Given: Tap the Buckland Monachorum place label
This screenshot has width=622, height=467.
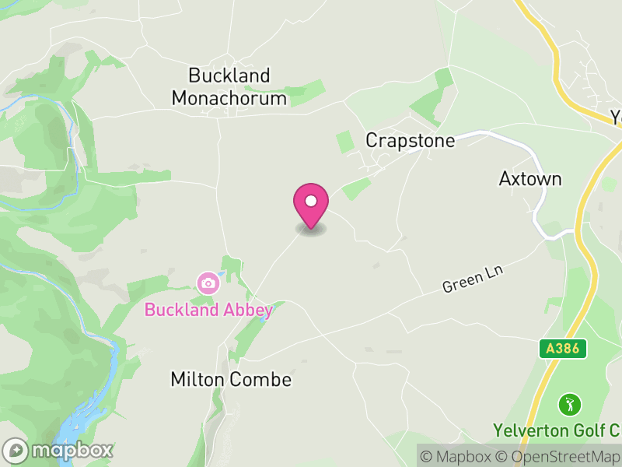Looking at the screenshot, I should tap(229, 87).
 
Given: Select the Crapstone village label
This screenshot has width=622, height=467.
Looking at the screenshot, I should tap(409, 140).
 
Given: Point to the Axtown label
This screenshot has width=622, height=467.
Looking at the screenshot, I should tap(529, 179).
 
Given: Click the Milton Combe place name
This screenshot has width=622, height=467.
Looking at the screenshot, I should tap(231, 380).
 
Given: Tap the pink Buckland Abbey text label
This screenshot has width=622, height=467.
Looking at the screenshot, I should tap(208, 310).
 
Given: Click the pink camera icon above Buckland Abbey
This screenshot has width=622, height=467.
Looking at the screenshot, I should tap(208, 283).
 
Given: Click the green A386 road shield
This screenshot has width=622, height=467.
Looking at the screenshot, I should tap(563, 349).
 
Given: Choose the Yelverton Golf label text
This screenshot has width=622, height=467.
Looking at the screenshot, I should tap(555, 430).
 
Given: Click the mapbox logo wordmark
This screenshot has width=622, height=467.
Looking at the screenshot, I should tap(58, 450).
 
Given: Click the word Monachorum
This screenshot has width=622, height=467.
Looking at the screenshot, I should tap(229, 98).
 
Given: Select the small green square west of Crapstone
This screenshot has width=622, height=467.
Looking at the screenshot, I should tap(344, 142).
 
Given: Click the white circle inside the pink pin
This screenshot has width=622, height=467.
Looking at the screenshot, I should tap(311, 201).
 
